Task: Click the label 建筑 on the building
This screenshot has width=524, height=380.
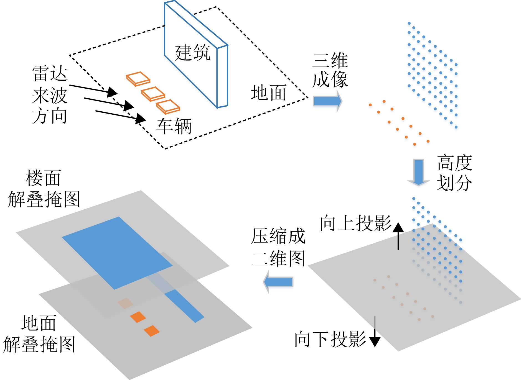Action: [x=193, y=52]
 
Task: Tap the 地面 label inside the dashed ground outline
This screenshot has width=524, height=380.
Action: [x=268, y=93]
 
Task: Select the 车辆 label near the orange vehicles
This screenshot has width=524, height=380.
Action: [x=174, y=126]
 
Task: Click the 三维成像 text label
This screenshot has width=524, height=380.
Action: [x=330, y=70]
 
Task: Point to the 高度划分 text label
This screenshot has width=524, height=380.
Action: [x=454, y=173]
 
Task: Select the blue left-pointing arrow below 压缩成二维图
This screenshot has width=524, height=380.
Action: [x=278, y=282]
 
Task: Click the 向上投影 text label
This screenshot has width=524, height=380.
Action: [x=356, y=223]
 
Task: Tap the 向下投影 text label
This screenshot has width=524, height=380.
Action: [x=330, y=339]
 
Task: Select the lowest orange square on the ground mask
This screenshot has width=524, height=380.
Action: [x=152, y=331]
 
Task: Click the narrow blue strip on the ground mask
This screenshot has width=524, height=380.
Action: [x=184, y=306]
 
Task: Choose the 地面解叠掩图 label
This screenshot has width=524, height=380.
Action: [x=39, y=334]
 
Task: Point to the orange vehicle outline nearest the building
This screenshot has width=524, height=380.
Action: [x=168, y=107]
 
